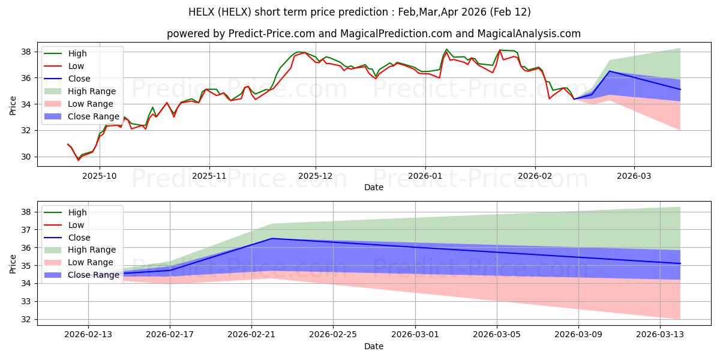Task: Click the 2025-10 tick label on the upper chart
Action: point(100,177)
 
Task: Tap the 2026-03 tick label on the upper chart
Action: point(634,177)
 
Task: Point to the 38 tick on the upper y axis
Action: point(28,52)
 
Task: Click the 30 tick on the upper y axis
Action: point(28,157)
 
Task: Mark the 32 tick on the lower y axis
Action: point(28,319)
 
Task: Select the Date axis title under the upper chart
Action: point(374,188)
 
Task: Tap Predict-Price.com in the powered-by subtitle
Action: point(263,34)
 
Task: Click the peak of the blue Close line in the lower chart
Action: point(272,238)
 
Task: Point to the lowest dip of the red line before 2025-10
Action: point(78,160)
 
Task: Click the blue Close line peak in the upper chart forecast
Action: point(610,71)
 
